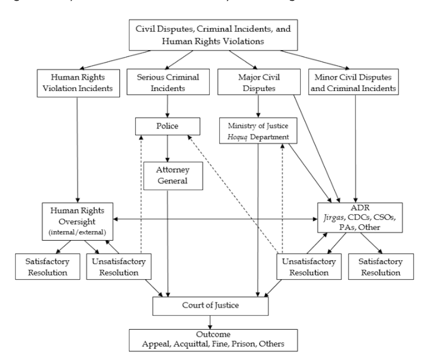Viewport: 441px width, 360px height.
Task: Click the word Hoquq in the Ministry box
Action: click(235, 137)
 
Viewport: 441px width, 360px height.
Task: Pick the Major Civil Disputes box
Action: click(257, 83)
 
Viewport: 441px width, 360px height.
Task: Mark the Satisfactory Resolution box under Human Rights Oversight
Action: click(42, 266)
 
